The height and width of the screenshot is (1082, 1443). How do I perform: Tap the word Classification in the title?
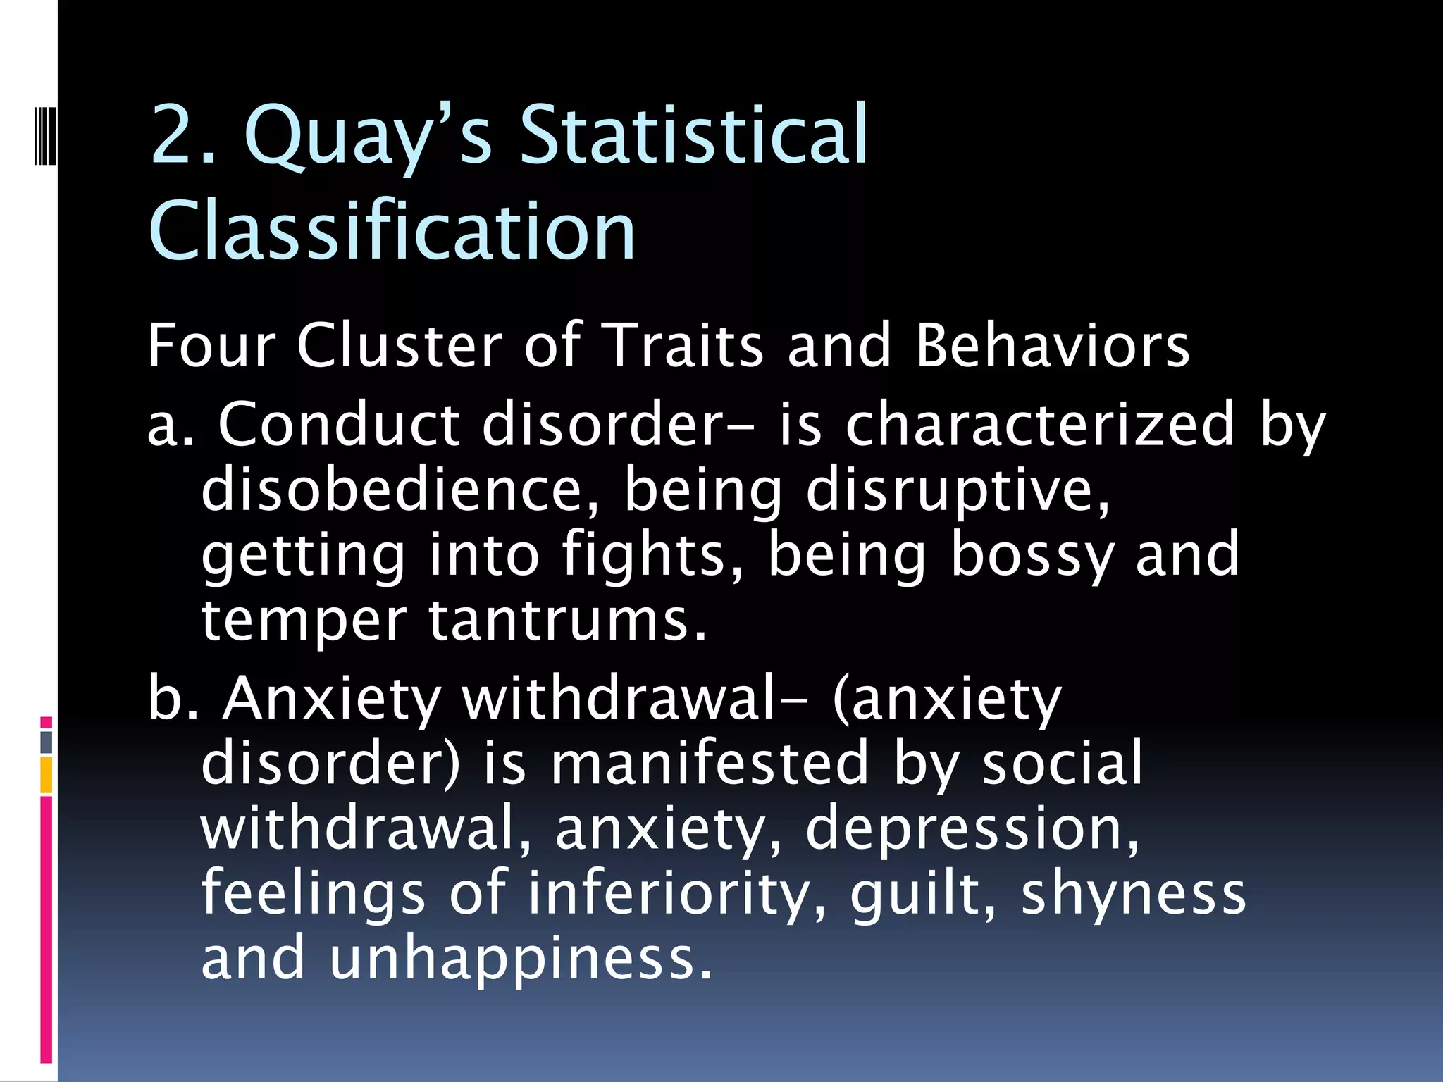click(x=392, y=230)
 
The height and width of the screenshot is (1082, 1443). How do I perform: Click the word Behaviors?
click(x=1053, y=346)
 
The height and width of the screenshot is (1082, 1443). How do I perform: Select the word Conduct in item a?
click(x=338, y=425)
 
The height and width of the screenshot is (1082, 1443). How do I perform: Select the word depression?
click(x=972, y=828)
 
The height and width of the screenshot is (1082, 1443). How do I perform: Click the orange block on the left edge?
click(x=47, y=775)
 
